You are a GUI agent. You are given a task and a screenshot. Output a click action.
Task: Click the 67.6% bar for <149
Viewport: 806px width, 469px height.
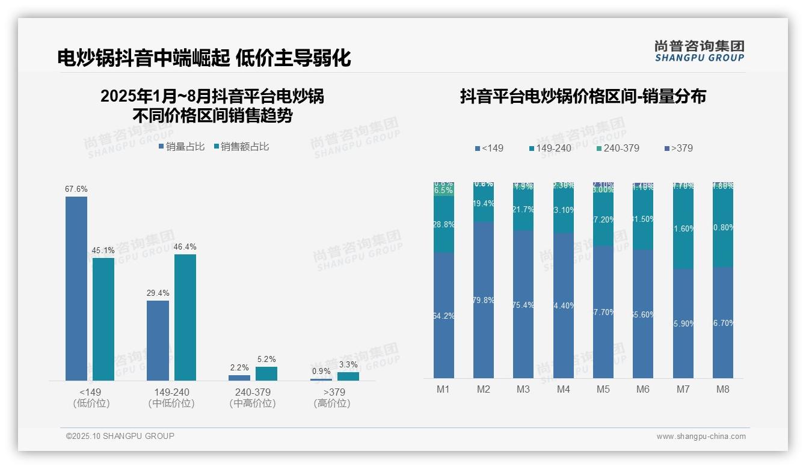[x=76, y=289]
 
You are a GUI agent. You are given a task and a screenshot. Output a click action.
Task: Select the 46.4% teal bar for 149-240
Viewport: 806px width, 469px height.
[x=185, y=317]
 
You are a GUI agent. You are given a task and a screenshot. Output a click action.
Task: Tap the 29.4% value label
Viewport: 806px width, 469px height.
[x=158, y=293]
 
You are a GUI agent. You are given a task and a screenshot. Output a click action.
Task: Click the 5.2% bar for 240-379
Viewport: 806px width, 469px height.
[x=266, y=373]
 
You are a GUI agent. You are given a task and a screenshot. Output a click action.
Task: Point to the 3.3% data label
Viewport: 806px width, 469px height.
[x=348, y=365]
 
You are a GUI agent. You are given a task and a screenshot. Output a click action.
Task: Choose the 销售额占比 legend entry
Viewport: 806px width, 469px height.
[x=241, y=147]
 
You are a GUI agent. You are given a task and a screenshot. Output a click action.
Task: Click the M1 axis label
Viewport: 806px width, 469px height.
[x=443, y=389]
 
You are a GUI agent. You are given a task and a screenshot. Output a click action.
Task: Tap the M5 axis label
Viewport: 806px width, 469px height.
[x=603, y=389]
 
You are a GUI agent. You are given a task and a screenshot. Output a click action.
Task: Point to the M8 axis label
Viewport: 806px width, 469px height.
[x=723, y=389]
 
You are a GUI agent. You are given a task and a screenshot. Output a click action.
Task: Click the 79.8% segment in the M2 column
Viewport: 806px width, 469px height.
[x=484, y=300]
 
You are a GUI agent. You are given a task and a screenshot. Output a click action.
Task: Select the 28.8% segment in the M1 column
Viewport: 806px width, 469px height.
[x=444, y=224]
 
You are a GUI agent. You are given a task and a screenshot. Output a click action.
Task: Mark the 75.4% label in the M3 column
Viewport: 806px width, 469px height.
[x=523, y=305]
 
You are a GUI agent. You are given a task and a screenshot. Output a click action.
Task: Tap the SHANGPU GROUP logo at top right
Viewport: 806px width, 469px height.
[x=700, y=51]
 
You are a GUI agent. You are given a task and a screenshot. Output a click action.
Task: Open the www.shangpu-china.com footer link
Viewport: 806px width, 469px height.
[x=701, y=437]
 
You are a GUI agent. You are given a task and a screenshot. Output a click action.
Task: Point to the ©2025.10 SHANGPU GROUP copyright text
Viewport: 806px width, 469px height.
[x=120, y=436]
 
